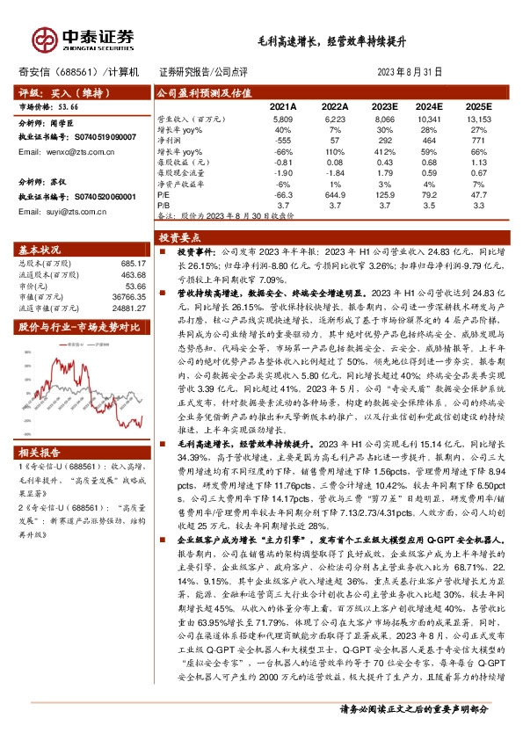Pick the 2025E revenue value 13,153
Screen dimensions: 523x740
[477, 117]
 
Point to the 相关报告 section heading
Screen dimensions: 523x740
[40, 453]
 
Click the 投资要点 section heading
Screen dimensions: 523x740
[179, 237]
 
